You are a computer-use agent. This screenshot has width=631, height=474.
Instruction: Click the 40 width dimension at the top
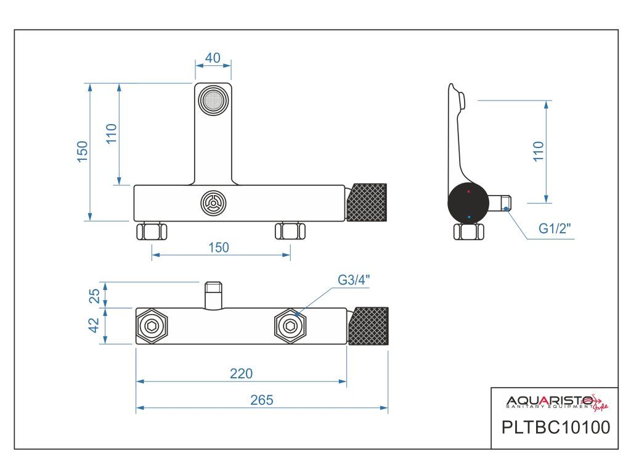click(x=213, y=57)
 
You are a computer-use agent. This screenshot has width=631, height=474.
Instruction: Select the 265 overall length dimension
click(x=262, y=399)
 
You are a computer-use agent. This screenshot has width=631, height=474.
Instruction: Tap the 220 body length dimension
click(x=242, y=373)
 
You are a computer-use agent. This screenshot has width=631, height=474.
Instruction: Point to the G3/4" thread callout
click(x=354, y=280)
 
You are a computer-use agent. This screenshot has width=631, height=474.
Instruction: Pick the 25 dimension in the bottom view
click(x=95, y=295)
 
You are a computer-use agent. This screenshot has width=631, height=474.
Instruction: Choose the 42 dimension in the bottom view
click(x=95, y=325)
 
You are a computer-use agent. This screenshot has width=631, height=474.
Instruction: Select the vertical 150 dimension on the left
click(x=83, y=152)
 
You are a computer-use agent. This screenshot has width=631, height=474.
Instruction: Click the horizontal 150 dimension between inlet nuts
click(x=219, y=247)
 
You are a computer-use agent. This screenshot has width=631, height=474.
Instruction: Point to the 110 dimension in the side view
click(x=539, y=152)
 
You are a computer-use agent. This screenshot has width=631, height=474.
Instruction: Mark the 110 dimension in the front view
click(x=111, y=133)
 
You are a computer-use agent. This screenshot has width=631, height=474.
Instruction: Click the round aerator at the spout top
click(x=213, y=100)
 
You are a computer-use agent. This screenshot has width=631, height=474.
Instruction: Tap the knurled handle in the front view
click(x=368, y=202)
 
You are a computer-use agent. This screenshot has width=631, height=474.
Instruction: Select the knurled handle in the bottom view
click(x=368, y=326)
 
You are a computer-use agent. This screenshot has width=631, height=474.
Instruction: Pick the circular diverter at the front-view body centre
click(x=213, y=202)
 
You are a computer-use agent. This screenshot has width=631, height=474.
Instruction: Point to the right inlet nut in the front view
click(x=290, y=232)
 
